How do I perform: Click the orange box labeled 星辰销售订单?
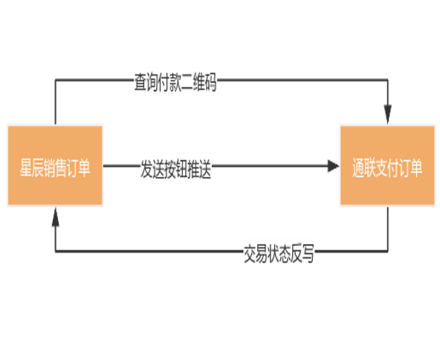(x=55, y=165)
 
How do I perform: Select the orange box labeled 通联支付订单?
(x=387, y=165)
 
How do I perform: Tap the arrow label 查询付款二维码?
(x=175, y=83)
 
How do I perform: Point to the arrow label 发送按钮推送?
(x=175, y=169)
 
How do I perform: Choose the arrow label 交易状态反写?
(x=279, y=254)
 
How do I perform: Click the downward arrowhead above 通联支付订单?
(x=388, y=114)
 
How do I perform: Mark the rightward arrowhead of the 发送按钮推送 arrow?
(x=334, y=166)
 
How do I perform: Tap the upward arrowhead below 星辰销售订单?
(x=56, y=216)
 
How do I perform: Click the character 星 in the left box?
(x=25, y=167)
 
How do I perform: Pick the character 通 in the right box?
(x=358, y=167)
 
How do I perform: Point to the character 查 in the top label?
(x=140, y=83)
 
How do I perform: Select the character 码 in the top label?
(x=211, y=83)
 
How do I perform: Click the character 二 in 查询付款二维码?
(x=187, y=83)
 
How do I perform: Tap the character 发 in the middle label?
(x=146, y=169)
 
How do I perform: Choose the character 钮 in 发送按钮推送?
(x=181, y=169)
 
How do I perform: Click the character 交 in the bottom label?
(x=249, y=254)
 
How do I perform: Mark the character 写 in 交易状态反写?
(x=308, y=254)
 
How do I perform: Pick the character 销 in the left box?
(x=49, y=167)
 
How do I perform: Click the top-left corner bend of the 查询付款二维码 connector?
(x=56, y=80)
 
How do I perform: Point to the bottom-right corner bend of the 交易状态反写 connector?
(x=388, y=251)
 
